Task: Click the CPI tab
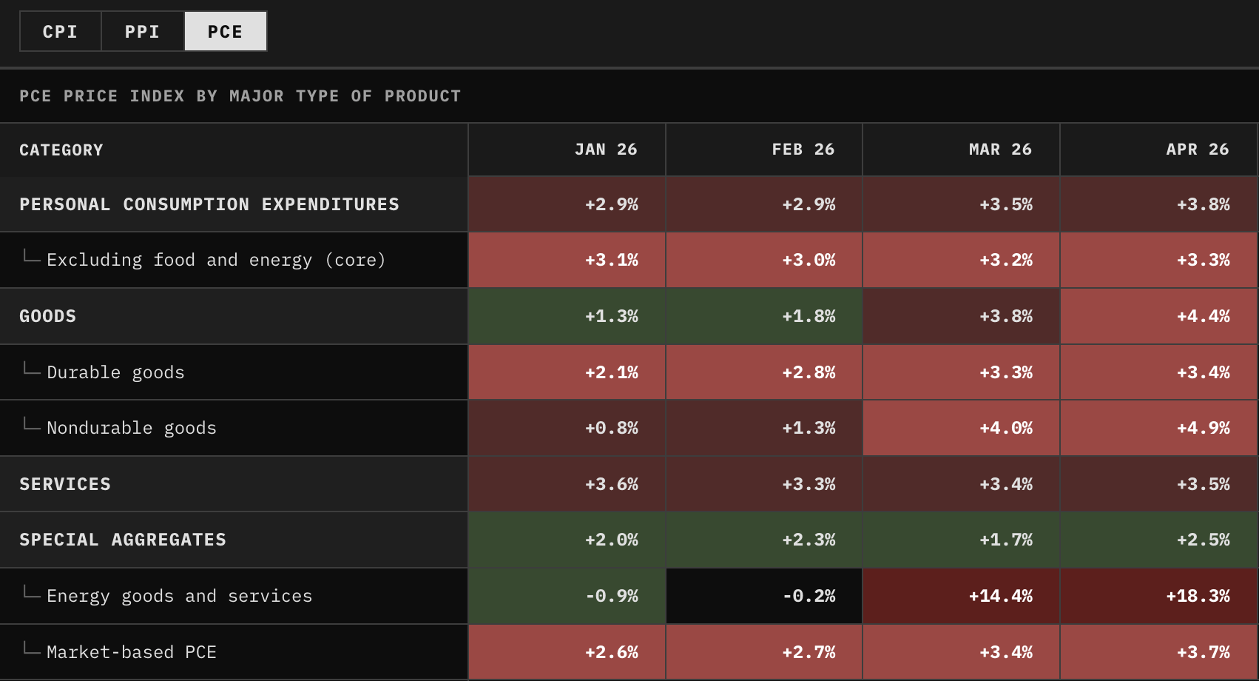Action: click(60, 32)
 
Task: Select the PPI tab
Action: click(143, 32)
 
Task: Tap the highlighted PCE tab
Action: click(226, 32)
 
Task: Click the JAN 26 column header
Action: click(606, 150)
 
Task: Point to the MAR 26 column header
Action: click(1000, 150)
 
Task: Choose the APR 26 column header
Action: click(1198, 150)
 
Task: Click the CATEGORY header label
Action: click(61, 150)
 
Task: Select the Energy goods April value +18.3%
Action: click(1198, 596)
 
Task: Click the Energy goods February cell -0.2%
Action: click(809, 596)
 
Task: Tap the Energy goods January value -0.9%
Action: click(612, 596)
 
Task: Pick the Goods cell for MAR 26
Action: click(961, 316)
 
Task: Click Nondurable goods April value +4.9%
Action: click(1204, 428)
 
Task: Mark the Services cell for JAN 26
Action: click(567, 483)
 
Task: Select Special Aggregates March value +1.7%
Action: click(1006, 540)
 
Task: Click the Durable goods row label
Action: click(116, 372)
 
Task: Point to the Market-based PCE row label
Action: click(132, 652)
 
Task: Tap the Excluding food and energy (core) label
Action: click(217, 260)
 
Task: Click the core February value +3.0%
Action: click(809, 260)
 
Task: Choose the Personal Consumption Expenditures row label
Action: click(209, 204)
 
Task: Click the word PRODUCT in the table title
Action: click(422, 96)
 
